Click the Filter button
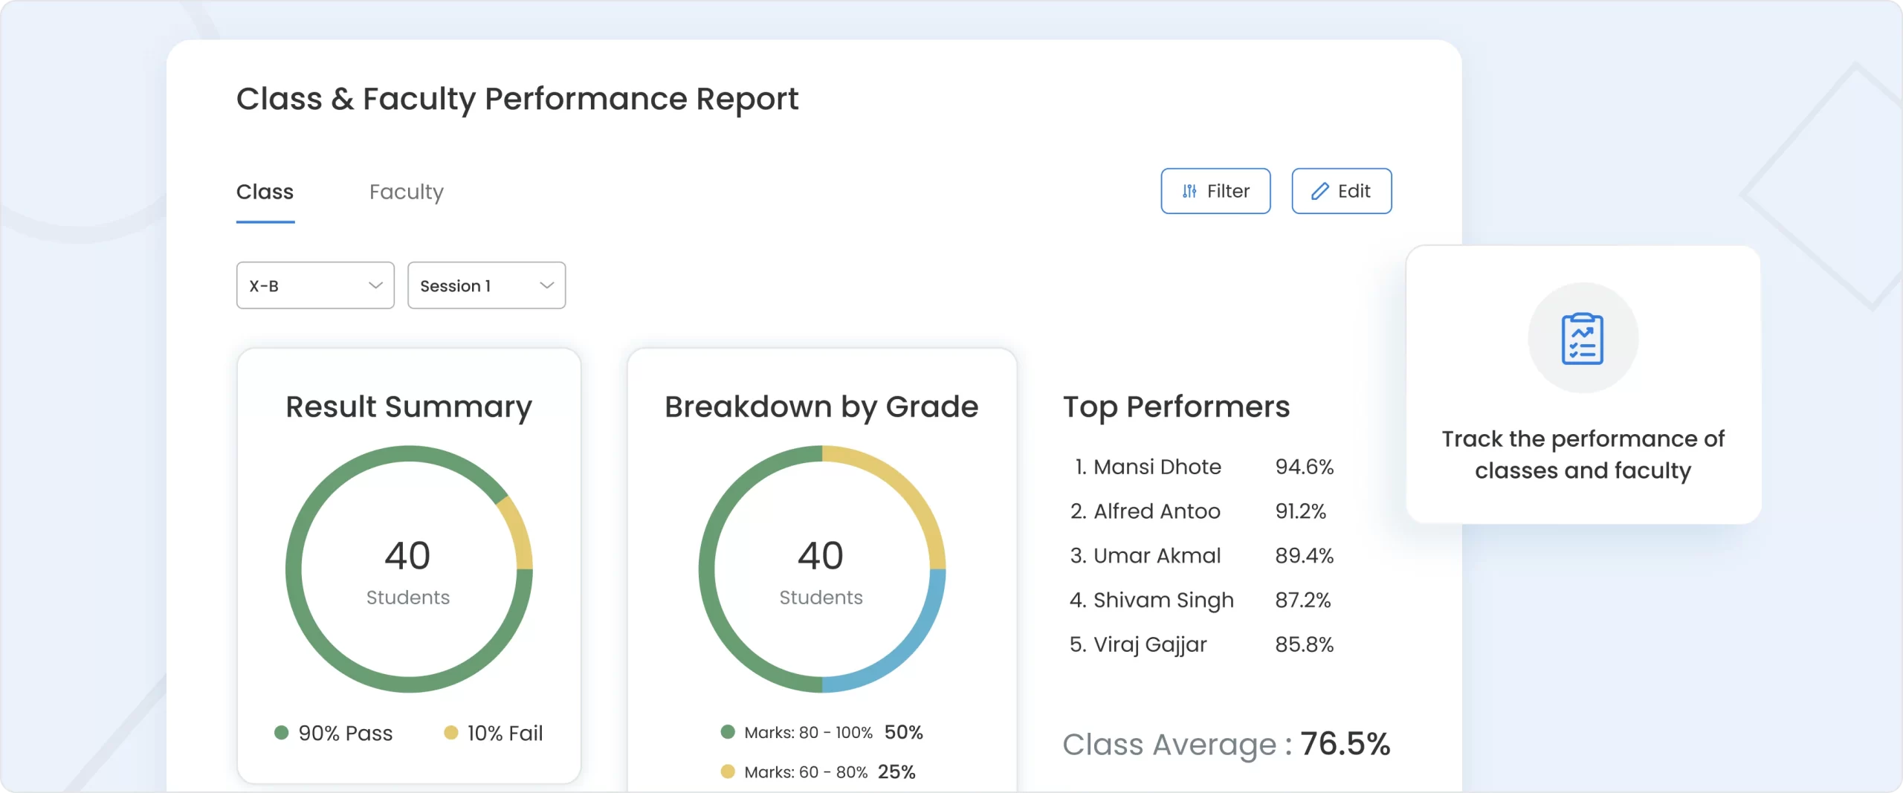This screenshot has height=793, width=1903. pyautogui.click(x=1215, y=191)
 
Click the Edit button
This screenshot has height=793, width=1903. pyautogui.click(x=1341, y=191)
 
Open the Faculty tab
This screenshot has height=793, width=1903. pyautogui.click(x=406, y=192)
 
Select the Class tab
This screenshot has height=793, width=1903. pyautogui.click(x=265, y=192)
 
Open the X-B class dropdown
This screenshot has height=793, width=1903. pyautogui.click(x=315, y=285)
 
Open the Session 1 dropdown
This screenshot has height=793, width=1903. pyautogui.click(x=486, y=285)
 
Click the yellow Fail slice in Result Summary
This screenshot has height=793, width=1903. pyautogui.click(x=517, y=532)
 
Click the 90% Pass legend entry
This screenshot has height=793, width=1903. pyautogui.click(x=334, y=733)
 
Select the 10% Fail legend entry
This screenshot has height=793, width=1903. pyautogui.click(x=494, y=733)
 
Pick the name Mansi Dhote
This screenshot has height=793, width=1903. pyautogui.click(x=1157, y=467)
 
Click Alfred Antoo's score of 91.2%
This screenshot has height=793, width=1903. pyautogui.click(x=1300, y=511)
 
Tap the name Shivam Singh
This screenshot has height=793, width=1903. pyautogui.click(x=1163, y=600)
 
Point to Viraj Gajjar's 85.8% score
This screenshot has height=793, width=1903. pyautogui.click(x=1304, y=644)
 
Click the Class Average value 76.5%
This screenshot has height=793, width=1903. pyautogui.click(x=1345, y=743)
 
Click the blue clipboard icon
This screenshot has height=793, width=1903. pyautogui.click(x=1583, y=338)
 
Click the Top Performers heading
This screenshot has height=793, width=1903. pyautogui.click(x=1176, y=407)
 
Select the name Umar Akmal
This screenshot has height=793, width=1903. pyautogui.click(x=1157, y=556)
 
